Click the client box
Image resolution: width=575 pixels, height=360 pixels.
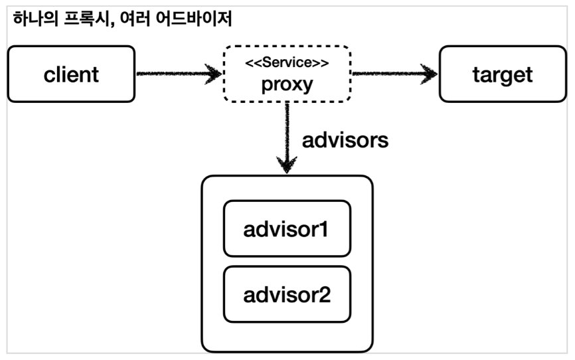[x=71, y=74]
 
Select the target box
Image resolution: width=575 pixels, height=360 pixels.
[x=502, y=74]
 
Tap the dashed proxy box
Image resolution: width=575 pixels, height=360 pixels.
[x=286, y=74]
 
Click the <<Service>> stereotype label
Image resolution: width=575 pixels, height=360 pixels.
[x=286, y=64]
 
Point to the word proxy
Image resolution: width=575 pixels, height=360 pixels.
[x=286, y=86]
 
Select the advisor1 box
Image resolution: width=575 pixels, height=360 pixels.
[x=286, y=229]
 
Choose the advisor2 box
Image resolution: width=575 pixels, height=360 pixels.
[x=286, y=294]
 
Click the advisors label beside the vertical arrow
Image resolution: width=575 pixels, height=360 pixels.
[x=345, y=141]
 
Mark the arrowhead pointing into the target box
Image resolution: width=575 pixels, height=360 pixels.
[x=432, y=74]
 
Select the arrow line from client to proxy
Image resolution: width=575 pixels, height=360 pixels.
[x=173, y=74]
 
